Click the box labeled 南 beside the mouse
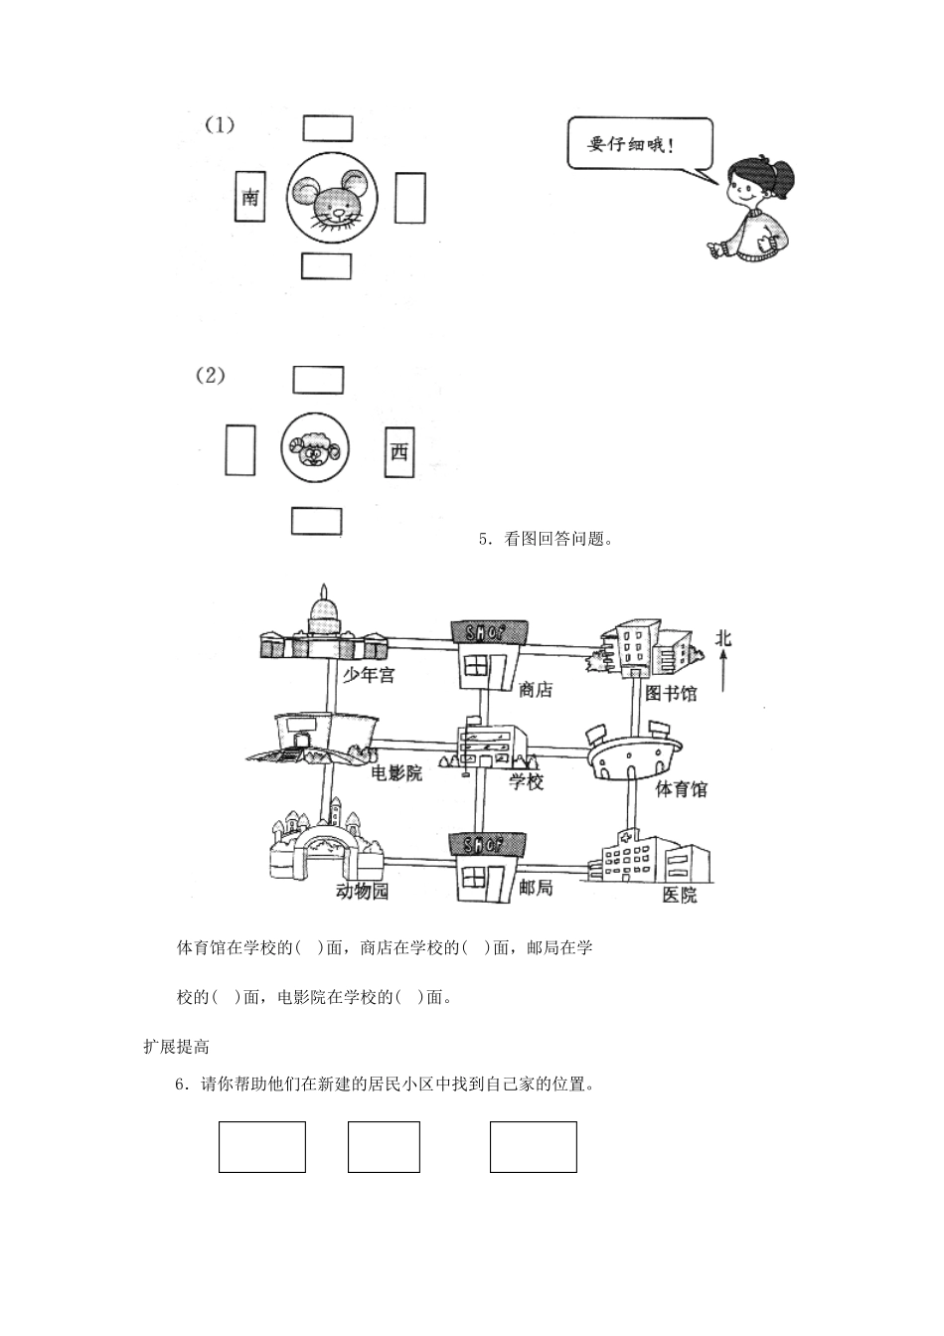pos(248,198)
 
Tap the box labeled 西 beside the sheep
pos(398,452)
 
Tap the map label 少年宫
pos(369,675)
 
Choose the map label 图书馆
pos(671,693)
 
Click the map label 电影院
pos(396,773)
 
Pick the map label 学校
pos(527,781)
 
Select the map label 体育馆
pos(681,789)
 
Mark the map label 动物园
pos(362,891)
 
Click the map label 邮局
pos(536,887)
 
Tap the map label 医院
pos(680,895)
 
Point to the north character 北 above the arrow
pos(723,637)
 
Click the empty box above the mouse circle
pos(327,129)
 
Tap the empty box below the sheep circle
pos(316,522)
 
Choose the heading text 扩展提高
pos(176,1046)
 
